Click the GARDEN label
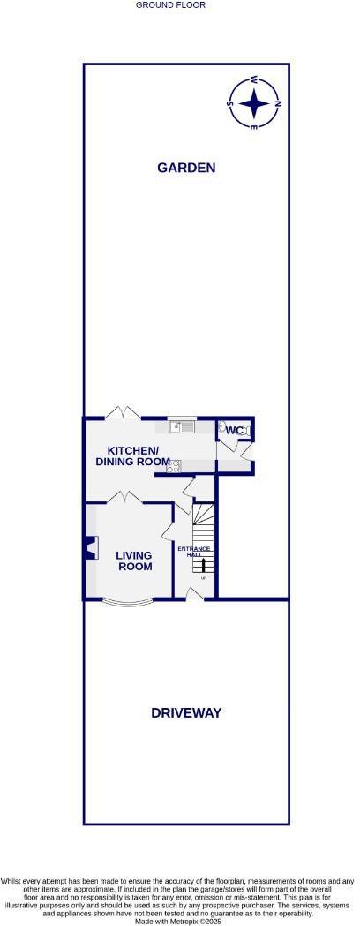[185, 168]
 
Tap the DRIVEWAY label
[185, 712]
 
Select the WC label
[233, 431]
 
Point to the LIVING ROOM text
[133, 561]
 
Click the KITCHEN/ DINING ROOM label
[132, 455]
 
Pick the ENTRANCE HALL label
[193, 553]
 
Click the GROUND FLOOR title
[170, 5]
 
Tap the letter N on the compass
[278, 103]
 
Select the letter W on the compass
[254, 79]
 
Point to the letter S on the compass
[231, 103]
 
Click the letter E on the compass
[254, 127]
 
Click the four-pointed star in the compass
[254, 103]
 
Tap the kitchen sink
[184, 428]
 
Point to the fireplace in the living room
[89, 548]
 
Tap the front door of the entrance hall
[196, 596]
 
